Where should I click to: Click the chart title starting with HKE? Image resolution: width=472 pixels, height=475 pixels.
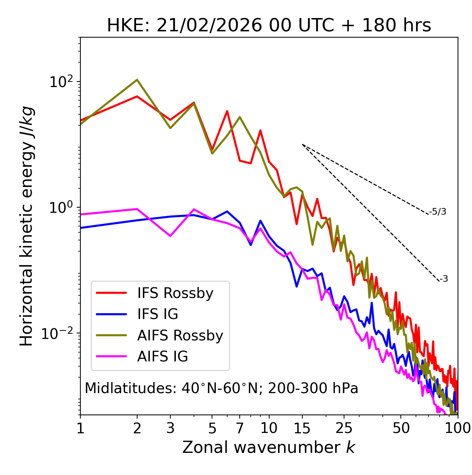click(269, 26)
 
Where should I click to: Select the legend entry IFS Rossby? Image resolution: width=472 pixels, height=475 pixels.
click(175, 293)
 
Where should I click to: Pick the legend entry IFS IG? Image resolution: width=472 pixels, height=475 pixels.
click(157, 314)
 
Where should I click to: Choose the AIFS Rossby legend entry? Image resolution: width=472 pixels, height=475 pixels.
click(180, 336)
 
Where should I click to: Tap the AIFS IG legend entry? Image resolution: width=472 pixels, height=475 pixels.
click(163, 357)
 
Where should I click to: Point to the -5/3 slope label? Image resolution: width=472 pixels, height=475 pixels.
click(438, 212)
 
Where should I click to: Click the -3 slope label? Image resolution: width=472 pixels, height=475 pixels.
click(444, 279)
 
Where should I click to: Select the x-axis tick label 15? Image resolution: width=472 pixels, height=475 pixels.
click(302, 428)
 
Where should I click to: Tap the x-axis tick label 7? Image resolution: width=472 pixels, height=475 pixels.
click(240, 428)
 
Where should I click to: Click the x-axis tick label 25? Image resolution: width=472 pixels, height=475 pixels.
click(344, 428)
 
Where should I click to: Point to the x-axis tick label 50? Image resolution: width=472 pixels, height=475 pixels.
click(401, 428)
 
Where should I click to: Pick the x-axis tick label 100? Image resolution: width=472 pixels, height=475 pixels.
click(458, 428)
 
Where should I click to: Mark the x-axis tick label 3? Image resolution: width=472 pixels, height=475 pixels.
click(170, 428)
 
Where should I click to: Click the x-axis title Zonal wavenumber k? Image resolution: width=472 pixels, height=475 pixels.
click(269, 447)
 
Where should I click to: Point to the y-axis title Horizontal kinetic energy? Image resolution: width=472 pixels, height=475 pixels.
click(27, 226)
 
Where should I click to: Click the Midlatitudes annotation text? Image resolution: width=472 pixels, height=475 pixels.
click(221, 388)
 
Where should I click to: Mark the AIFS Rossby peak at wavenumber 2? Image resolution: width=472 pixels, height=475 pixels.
click(137, 80)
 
